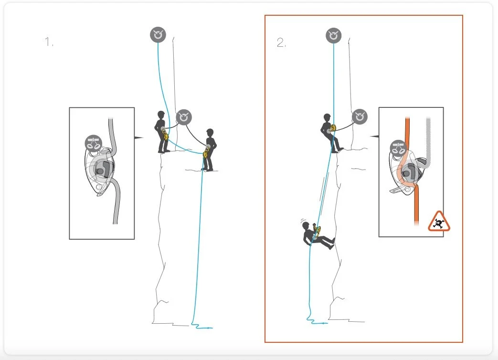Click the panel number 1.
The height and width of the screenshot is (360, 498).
49,42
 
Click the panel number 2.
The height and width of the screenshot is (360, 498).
281,42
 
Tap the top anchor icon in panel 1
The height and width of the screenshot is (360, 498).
158,35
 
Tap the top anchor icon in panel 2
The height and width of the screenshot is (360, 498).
334,35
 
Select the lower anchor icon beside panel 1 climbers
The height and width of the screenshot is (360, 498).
184,116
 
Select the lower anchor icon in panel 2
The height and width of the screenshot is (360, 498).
360,116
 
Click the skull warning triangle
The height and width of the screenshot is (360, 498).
439,222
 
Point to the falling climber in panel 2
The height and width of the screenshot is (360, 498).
315,236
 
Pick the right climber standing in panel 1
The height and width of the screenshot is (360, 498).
209,149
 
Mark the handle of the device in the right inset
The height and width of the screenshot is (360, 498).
399,191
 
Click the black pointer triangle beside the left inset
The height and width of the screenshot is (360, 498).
138,138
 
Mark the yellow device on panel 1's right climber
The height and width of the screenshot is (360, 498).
206,152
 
